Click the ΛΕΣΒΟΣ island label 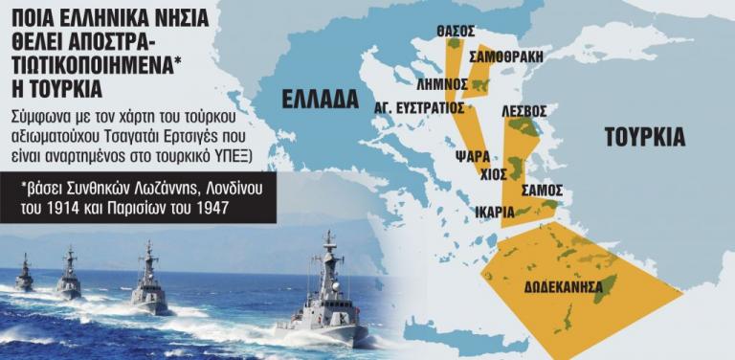click(x=524, y=112)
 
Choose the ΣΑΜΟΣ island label click(x=541, y=191)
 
